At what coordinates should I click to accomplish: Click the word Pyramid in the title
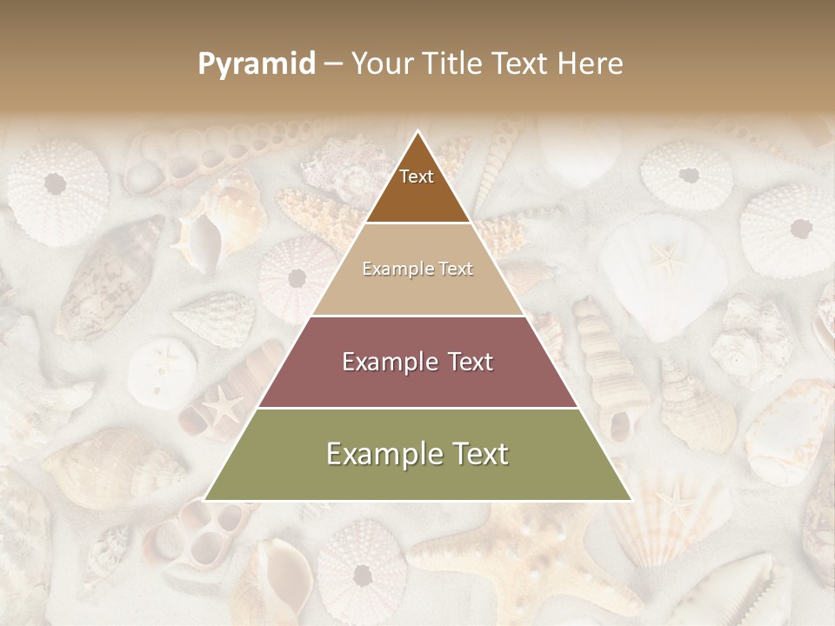(257, 63)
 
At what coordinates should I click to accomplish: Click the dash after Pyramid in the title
(333, 65)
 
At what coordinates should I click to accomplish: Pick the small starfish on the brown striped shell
(224, 404)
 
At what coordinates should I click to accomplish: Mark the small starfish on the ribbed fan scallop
(675, 499)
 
